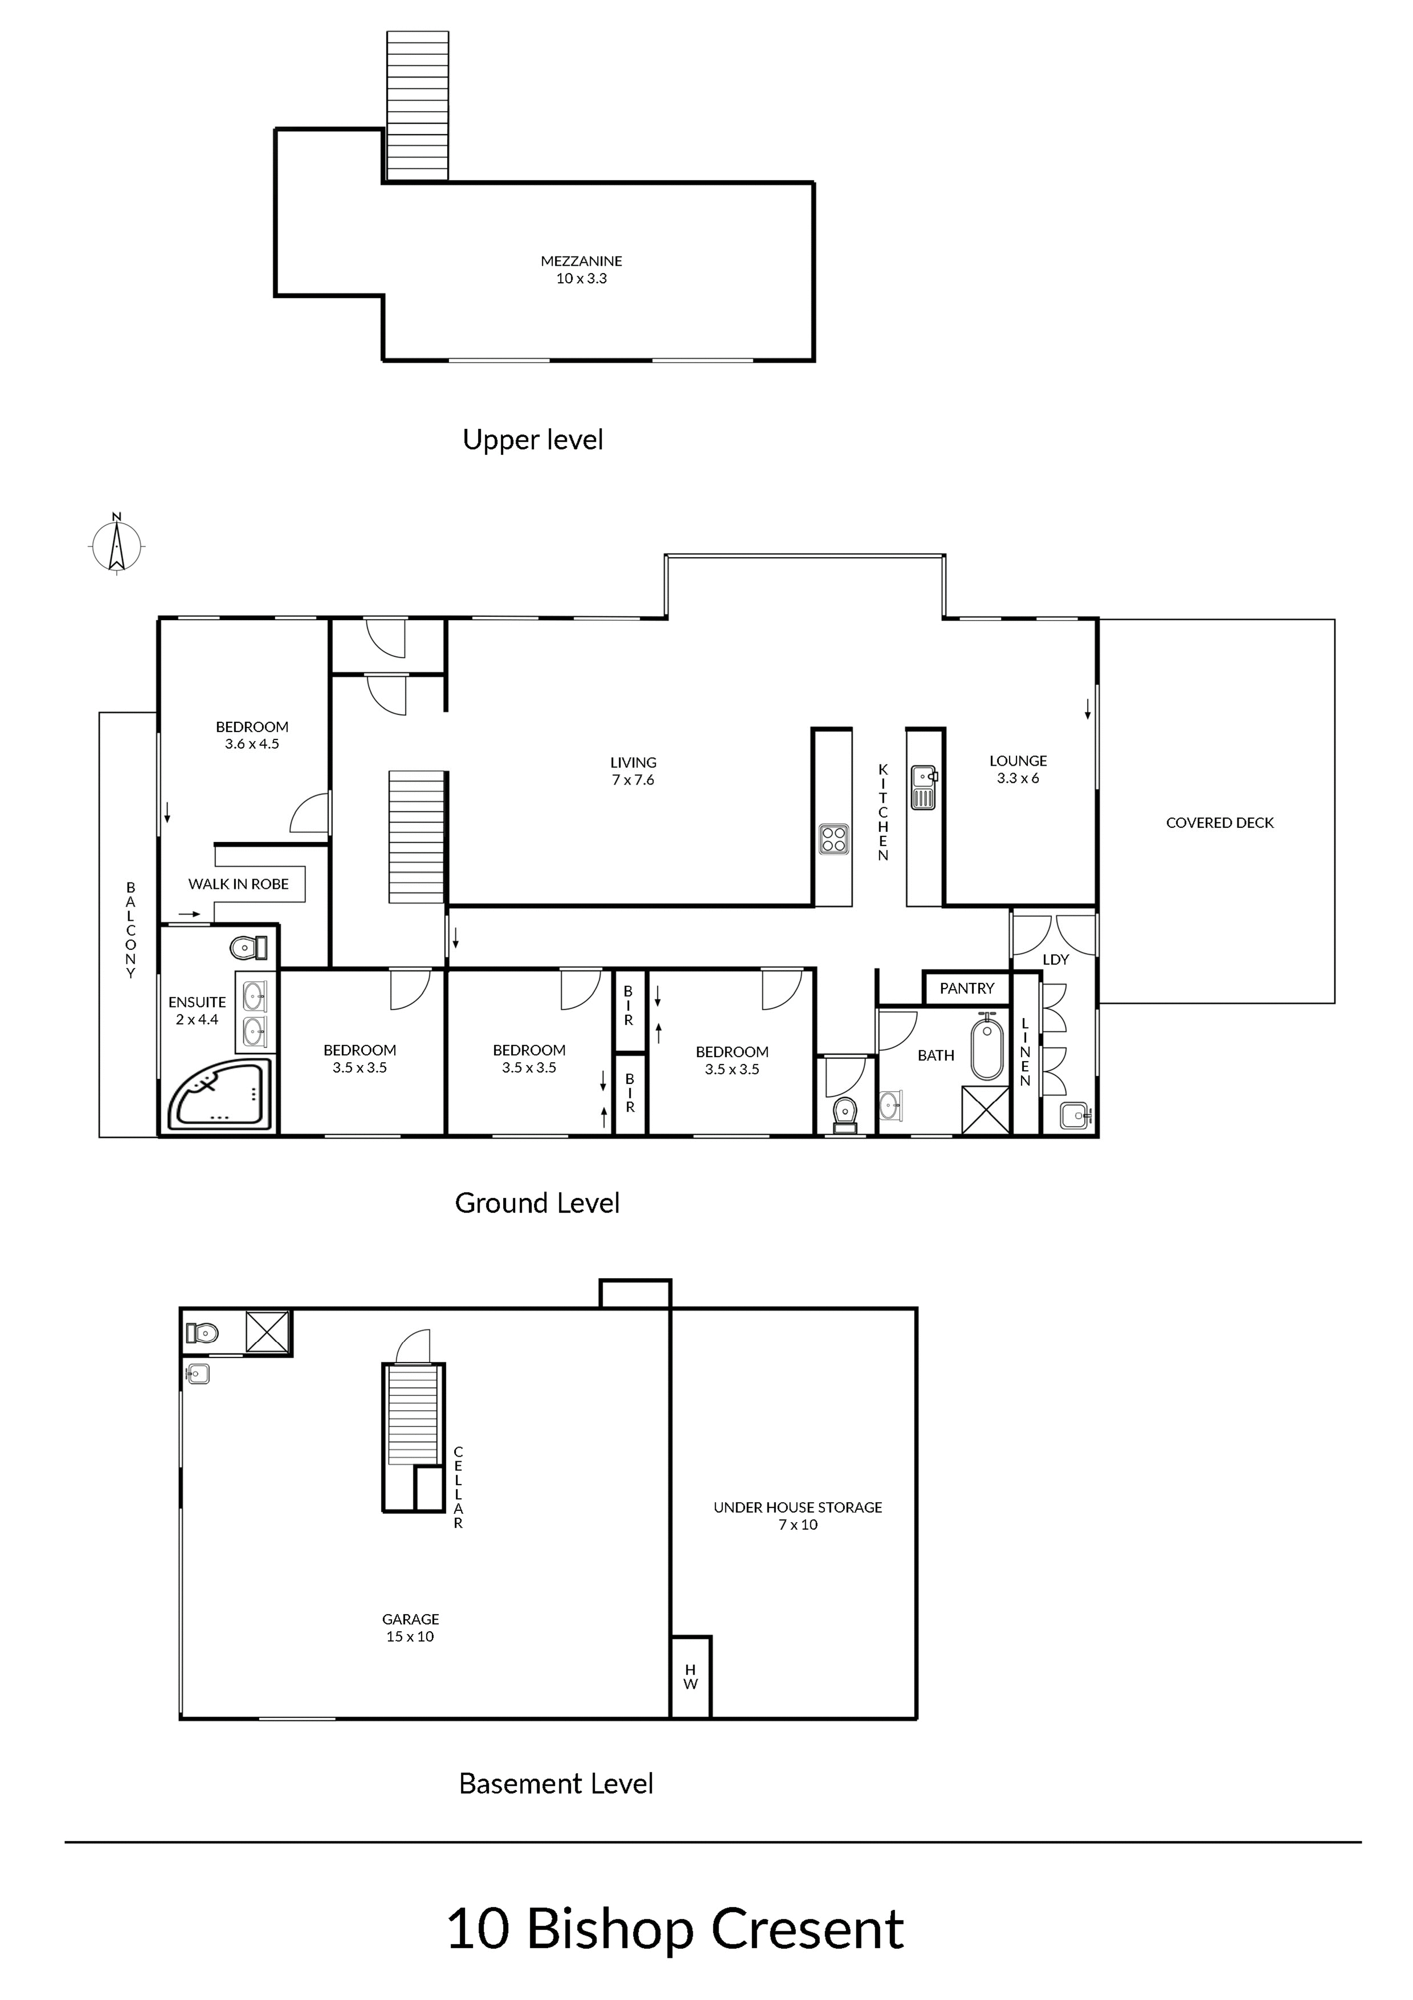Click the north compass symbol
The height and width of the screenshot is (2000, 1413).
[117, 544]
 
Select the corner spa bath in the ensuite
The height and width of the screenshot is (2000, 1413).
[221, 1096]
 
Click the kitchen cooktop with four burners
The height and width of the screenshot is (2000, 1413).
[833, 839]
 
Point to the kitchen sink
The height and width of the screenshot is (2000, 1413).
[924, 787]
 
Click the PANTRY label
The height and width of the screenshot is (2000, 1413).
[966, 988]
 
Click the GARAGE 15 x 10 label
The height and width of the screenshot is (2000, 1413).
[410, 1627]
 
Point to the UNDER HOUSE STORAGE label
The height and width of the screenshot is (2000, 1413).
[798, 1507]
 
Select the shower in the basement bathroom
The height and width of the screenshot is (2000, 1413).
[267, 1332]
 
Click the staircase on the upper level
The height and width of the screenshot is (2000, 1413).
[417, 106]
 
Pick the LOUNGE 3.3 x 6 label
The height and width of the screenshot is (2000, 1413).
[1018, 769]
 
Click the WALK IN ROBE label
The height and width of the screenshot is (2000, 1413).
[239, 883]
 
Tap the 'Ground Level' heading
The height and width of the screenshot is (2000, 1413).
[537, 1203]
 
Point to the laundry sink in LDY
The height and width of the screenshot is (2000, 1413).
[1075, 1116]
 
